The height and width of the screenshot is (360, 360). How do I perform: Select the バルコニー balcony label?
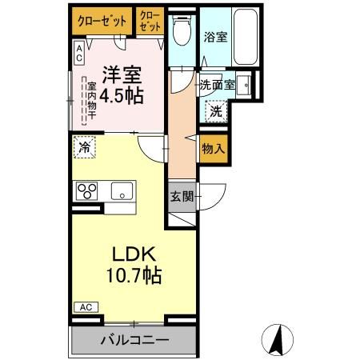pyautogui.click(x=134, y=340)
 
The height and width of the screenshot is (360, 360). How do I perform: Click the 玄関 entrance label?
pyautogui.click(x=181, y=196)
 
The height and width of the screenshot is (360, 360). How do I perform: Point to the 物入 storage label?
pyautogui.click(x=212, y=149)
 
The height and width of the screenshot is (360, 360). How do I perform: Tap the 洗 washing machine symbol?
pyautogui.click(x=214, y=111)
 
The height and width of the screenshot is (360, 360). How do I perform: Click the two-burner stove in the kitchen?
pyautogui.click(x=86, y=190)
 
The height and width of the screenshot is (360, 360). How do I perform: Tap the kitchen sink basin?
pyautogui.click(x=122, y=190)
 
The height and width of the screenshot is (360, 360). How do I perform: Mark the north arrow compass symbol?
pyautogui.click(x=278, y=339)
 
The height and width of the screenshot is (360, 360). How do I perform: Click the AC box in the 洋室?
pyautogui.click(x=79, y=53)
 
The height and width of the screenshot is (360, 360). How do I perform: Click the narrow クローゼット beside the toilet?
pyautogui.click(x=149, y=20)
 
